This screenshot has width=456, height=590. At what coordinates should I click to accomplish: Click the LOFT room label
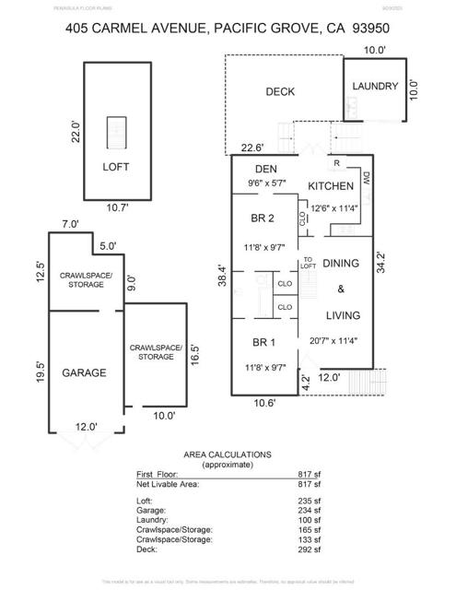click(x=116, y=167)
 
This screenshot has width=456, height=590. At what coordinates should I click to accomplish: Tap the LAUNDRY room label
click(x=376, y=87)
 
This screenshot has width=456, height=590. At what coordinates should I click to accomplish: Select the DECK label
click(x=279, y=91)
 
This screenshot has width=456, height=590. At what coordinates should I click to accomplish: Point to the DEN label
click(x=266, y=169)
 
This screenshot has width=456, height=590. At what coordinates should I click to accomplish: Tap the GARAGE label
click(x=84, y=373)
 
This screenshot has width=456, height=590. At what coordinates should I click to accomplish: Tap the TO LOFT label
click(x=310, y=263)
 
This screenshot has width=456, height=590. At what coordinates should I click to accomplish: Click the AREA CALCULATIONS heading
click(x=228, y=454)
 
